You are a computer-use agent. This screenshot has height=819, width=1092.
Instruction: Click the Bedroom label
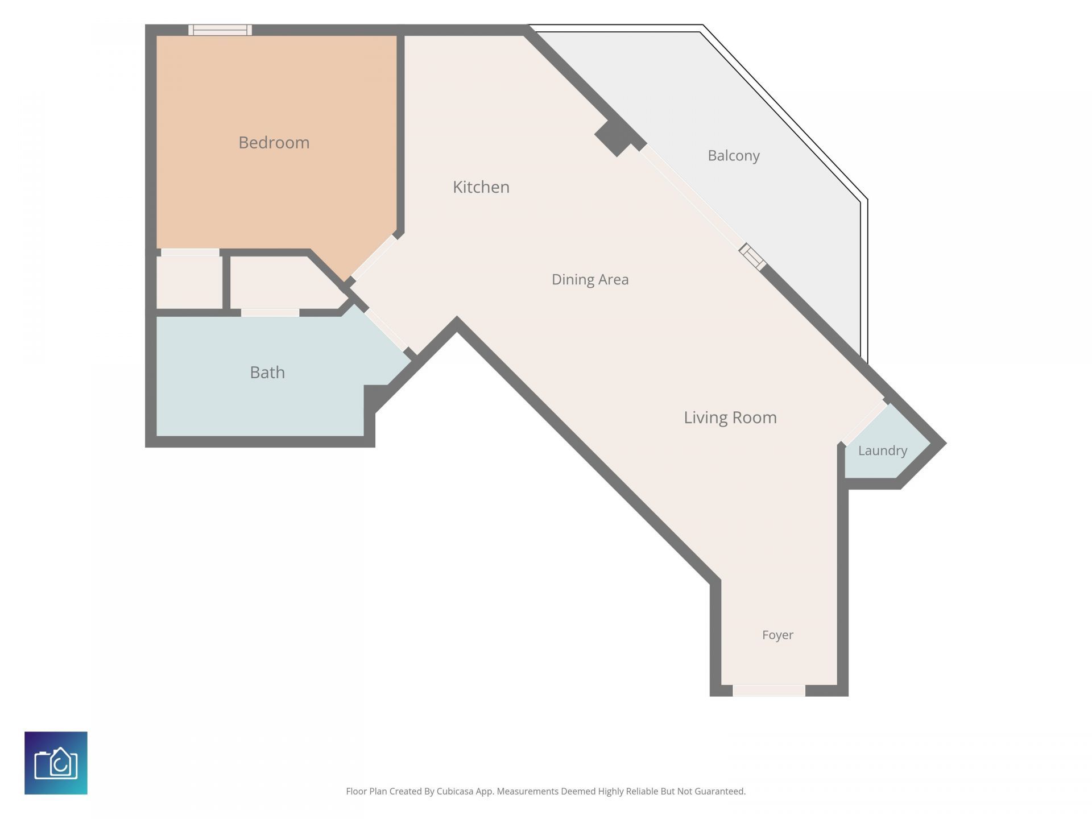pyautogui.click(x=274, y=142)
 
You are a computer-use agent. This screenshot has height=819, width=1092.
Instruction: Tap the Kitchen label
pyautogui.click(x=481, y=187)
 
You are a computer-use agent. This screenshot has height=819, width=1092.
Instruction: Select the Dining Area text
pyautogui.click(x=590, y=279)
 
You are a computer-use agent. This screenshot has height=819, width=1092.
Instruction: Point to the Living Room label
pyautogui.click(x=730, y=417)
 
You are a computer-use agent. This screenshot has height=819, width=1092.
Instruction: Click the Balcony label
pyautogui.click(x=733, y=155)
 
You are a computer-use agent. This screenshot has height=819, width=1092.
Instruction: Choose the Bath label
pyautogui.click(x=267, y=372)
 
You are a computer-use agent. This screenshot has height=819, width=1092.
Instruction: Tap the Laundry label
pyautogui.click(x=882, y=450)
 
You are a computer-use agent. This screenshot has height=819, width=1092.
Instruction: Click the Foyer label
pyautogui.click(x=777, y=635)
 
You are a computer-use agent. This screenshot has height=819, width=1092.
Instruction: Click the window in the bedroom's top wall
pyautogui.click(x=220, y=30)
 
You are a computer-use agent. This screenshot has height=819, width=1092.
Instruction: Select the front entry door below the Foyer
pyautogui.click(x=768, y=690)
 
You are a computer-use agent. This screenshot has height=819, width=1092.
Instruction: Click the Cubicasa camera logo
pyautogui.click(x=56, y=763)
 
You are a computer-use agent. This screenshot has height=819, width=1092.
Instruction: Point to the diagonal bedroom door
pyautogui.click(x=374, y=257)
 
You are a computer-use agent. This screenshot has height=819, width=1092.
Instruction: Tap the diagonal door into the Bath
pyautogui.click(x=386, y=329)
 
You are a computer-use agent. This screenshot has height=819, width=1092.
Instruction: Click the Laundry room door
pyautogui.click(x=864, y=422)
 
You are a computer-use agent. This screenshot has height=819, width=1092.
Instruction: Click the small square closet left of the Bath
pyautogui.click(x=189, y=282)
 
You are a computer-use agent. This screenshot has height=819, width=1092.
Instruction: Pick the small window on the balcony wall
pyautogui.click(x=752, y=257)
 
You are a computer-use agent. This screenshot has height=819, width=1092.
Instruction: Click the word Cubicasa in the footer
pyautogui.click(x=455, y=791)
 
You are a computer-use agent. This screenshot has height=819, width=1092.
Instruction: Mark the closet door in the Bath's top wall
pyautogui.click(x=270, y=313)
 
